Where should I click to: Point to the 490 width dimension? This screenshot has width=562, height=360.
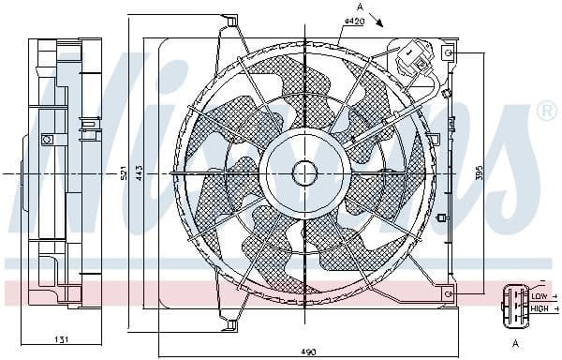(308, 352)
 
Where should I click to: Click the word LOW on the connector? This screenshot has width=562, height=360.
(540, 296)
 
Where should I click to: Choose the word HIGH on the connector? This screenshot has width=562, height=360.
(540, 308)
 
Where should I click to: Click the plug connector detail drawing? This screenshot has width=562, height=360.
(515, 302)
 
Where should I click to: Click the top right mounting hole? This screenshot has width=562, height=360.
(449, 54)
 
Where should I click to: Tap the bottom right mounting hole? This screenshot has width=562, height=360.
(449, 293)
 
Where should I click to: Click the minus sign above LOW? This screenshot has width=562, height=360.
(541, 284)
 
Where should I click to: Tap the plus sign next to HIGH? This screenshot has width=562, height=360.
(555, 308)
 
